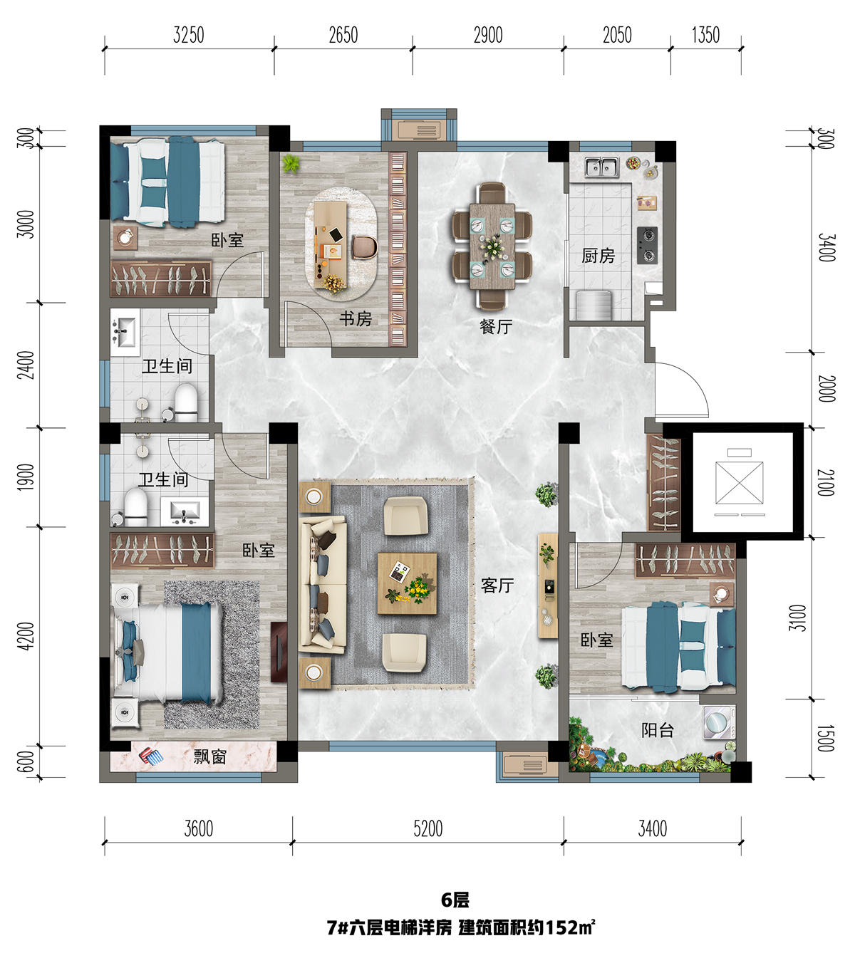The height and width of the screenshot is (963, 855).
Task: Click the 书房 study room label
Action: (x=356, y=318)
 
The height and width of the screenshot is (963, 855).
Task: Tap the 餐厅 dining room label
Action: (x=495, y=326)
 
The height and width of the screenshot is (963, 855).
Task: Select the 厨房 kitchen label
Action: (x=598, y=256)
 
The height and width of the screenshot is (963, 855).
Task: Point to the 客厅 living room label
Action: (x=497, y=585)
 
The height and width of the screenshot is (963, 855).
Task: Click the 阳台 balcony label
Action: (x=658, y=729)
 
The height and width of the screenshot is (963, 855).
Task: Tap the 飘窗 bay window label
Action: (x=209, y=756)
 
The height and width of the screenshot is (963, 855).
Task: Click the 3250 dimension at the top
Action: (x=188, y=35)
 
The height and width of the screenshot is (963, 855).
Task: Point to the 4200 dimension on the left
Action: (x=26, y=637)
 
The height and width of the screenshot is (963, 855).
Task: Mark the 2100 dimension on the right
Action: (x=826, y=482)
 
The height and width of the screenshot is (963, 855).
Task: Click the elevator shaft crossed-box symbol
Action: (x=739, y=483)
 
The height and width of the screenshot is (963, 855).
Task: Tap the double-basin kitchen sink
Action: (x=601, y=167)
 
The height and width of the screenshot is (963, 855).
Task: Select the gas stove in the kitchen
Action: (x=647, y=245)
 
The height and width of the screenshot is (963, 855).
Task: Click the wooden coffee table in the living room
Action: (x=407, y=583)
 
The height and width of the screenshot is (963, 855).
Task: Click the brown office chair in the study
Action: (x=365, y=247)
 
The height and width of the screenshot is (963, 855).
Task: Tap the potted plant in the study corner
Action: (x=291, y=164)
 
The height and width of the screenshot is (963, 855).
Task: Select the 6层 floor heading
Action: (x=455, y=900)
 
